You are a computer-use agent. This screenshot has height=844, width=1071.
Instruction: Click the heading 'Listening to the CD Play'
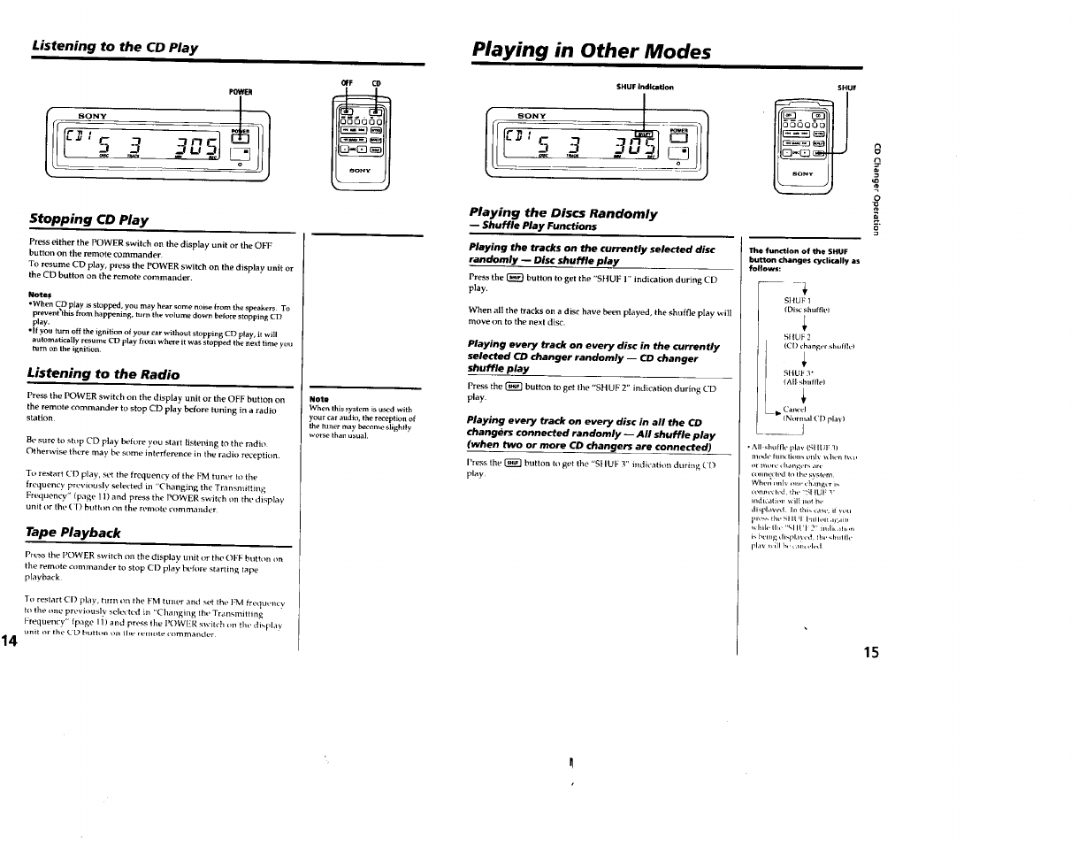coord(114,47)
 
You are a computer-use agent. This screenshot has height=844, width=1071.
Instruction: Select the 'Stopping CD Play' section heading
coord(88,219)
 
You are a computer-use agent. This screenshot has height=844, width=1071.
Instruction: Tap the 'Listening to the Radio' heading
coord(103,374)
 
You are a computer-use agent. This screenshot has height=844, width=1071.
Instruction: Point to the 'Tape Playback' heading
coord(74,532)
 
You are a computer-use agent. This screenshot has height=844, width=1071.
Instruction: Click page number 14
coord(10,616)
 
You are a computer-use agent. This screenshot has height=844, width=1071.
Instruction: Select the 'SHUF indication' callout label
coord(645,87)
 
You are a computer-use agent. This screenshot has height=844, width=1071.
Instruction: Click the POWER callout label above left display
coord(241,91)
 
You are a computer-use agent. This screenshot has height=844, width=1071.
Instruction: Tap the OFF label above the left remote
coord(347,83)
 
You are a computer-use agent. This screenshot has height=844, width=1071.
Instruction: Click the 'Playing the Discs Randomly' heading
coord(562,213)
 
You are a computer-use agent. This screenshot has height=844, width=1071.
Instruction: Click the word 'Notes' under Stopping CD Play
coord(40,295)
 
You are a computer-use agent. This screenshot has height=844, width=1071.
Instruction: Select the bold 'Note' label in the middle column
coord(318,399)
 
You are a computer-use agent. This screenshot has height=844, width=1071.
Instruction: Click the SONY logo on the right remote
coord(803,174)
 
